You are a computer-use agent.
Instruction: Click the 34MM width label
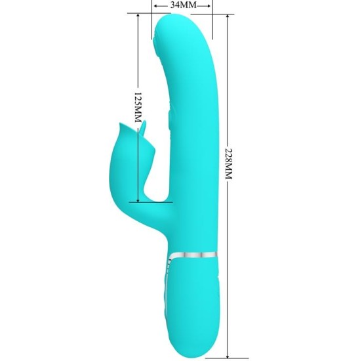(x=183, y=5)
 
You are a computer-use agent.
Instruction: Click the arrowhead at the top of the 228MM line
(x=228, y=18)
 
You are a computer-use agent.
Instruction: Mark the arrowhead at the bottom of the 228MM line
(x=228, y=352)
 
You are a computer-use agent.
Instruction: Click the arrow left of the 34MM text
(x=158, y=5)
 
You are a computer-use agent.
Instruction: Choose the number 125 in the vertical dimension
(x=138, y=100)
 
